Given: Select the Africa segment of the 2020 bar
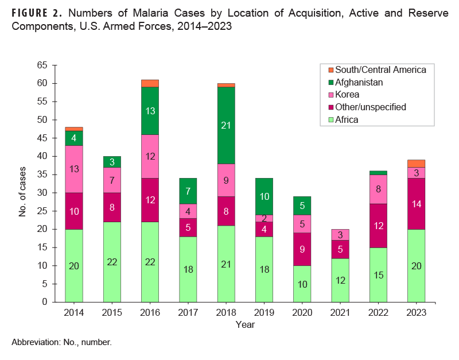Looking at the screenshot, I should pyautogui.click(x=302, y=284).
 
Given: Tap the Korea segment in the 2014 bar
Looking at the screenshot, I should pyautogui.click(x=73, y=169).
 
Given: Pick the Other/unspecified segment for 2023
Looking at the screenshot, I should pyautogui.click(x=416, y=204).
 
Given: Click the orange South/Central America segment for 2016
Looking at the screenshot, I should pyautogui.click(x=150, y=83).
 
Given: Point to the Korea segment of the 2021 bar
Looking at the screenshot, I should pyautogui.click(x=340, y=234).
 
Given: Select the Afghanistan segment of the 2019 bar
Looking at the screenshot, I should pyautogui.click(x=263, y=196).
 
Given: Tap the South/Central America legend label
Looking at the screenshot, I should pyautogui.click(x=380, y=69).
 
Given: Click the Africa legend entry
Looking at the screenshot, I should pyautogui.click(x=347, y=119).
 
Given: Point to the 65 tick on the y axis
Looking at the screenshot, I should pyautogui.click(x=42, y=65).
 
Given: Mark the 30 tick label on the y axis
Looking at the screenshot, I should pyautogui.click(x=42, y=193).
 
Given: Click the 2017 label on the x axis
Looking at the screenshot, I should pyautogui.click(x=188, y=312).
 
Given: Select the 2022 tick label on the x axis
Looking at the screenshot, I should pyautogui.click(x=378, y=312).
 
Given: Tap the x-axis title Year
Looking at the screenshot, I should pyautogui.click(x=244, y=324).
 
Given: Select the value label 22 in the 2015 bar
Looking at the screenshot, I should pyautogui.click(x=111, y=262).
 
